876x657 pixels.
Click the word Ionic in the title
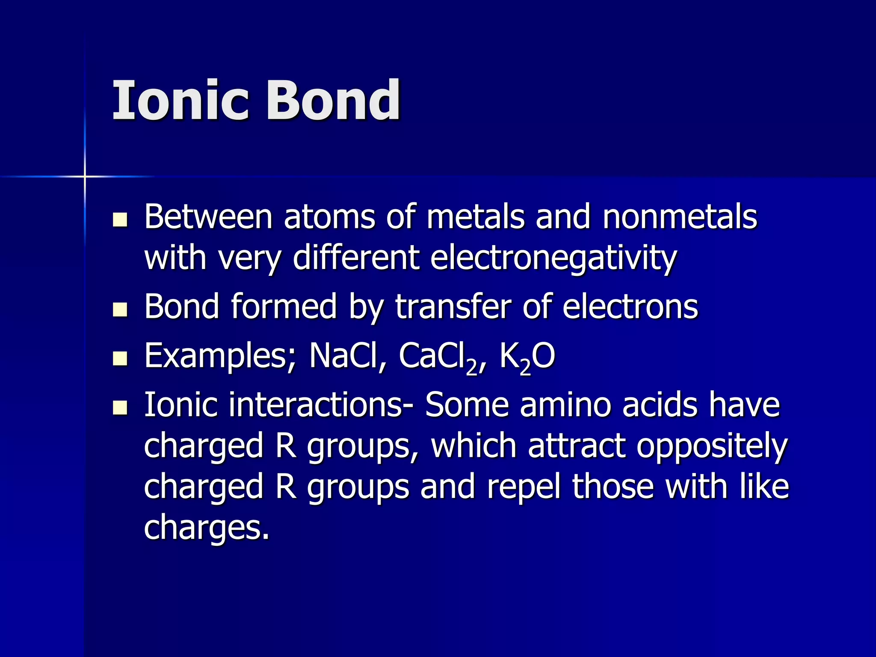click(180, 101)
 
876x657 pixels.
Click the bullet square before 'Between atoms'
click(120, 219)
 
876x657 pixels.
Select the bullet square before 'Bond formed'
click(120, 310)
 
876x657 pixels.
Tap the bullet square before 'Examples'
click(120, 359)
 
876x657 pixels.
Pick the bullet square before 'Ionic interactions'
click(120, 408)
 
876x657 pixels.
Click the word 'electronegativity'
click(553, 259)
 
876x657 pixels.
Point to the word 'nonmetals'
click(680, 217)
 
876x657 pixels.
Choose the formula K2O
click(527, 358)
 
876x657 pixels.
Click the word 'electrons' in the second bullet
click(630, 307)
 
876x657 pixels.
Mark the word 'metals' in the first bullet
click(475, 217)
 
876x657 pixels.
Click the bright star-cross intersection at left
click(85, 176)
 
